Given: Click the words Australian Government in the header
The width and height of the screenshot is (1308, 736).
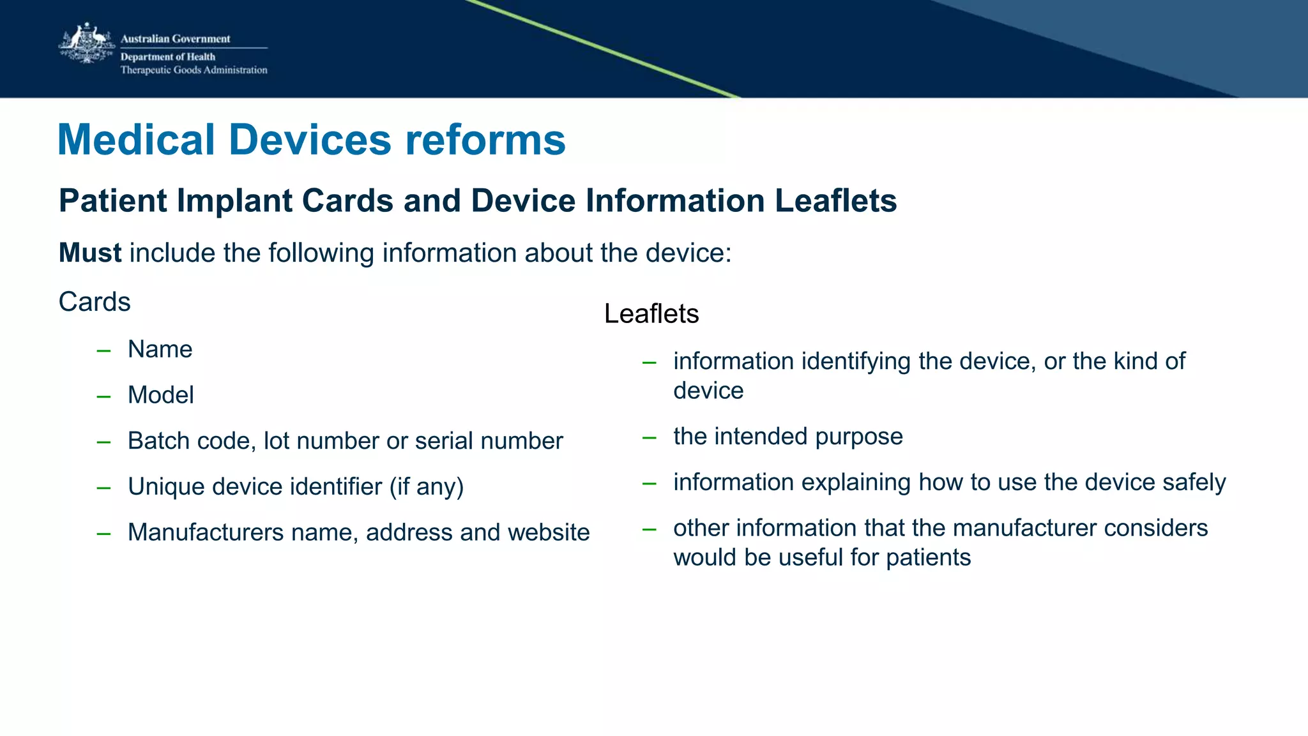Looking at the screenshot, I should [x=175, y=39].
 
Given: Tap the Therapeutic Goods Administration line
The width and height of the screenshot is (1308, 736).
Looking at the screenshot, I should [x=194, y=70].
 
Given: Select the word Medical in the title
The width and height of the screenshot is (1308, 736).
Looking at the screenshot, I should [x=136, y=140].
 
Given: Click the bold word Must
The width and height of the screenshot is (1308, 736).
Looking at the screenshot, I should [x=89, y=253].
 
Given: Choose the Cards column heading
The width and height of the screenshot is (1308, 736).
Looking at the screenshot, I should [x=95, y=302].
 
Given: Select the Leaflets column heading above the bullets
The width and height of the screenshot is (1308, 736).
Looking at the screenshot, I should [x=651, y=314].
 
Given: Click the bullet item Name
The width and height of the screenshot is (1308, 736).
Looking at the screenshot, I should [x=160, y=350].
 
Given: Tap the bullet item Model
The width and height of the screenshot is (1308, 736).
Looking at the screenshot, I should [x=160, y=395].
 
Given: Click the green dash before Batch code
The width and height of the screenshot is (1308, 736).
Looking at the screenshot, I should [x=103, y=442].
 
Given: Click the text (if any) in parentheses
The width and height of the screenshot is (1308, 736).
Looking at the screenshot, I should [x=427, y=487].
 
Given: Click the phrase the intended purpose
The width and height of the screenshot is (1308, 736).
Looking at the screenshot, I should [x=787, y=437].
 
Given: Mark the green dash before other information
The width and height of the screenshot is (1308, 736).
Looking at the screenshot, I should [x=650, y=529].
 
